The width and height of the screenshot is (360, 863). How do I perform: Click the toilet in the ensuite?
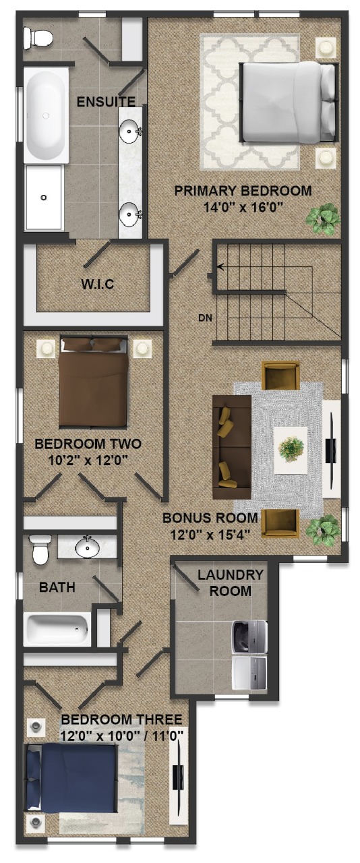tap(37, 38)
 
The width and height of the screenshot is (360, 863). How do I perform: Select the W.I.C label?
tap(98, 285)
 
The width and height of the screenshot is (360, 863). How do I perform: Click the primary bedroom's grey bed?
tap(289, 102)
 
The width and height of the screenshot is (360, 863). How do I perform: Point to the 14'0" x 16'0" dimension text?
tap(243, 208)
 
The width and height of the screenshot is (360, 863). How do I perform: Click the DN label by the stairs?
tap(205, 318)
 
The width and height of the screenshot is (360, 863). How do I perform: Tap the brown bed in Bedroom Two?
tap(93, 382)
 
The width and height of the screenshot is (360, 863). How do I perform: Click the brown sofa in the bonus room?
tap(232, 447)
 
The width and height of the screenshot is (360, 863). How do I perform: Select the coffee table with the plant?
tap(291, 450)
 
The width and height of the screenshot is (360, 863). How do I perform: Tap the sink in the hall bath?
tap(87, 547)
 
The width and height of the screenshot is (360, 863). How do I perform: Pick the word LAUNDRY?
tap(230, 575)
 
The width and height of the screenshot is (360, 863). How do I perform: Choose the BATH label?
tap(57, 587)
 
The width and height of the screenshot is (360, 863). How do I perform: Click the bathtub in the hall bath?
tap(57, 630)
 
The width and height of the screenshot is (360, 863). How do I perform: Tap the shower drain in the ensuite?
tap(44, 198)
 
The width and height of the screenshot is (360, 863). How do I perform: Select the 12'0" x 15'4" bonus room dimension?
tap(210, 535)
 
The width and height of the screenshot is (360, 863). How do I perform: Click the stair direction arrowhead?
tap(220, 266)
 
